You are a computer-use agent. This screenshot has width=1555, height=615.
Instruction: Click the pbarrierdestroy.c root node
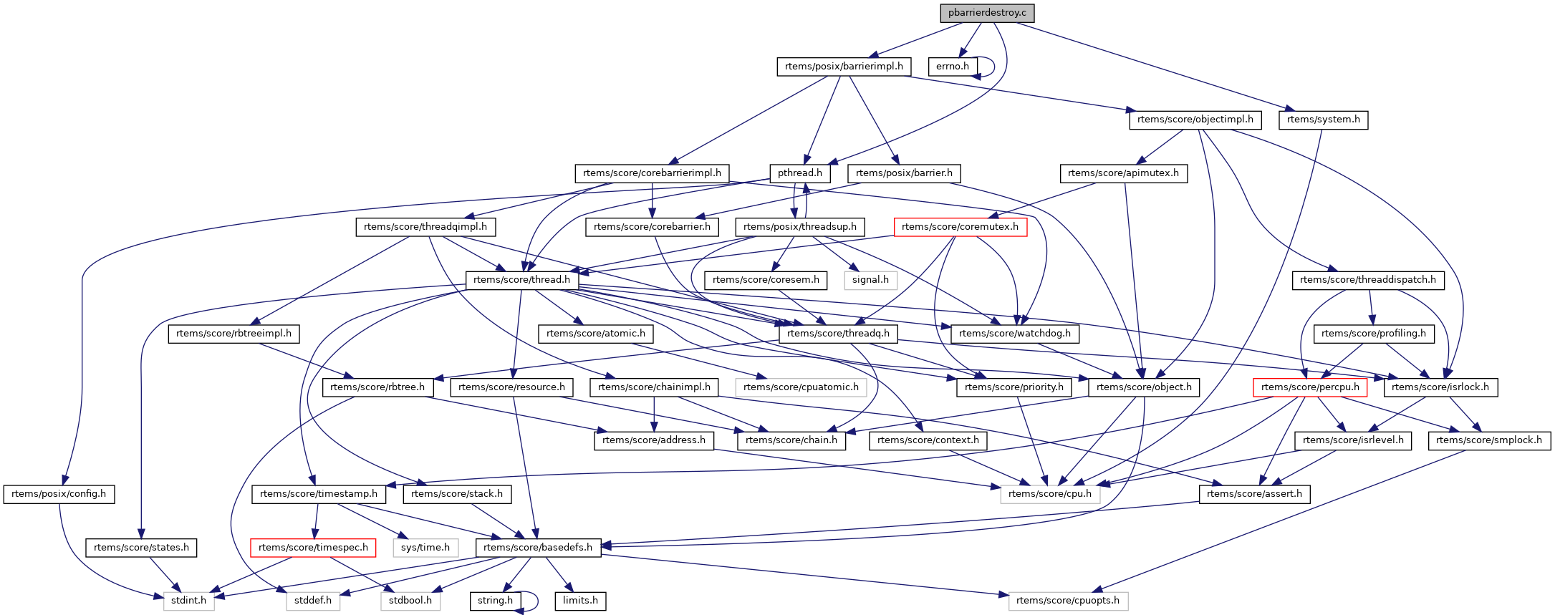(x=987, y=13)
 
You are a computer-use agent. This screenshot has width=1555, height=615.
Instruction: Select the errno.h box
(x=952, y=67)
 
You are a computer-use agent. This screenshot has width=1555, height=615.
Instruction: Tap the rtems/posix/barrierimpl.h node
(x=844, y=67)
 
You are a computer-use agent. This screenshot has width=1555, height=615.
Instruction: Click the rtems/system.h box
(x=1323, y=120)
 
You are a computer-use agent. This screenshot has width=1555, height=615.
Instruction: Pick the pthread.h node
(x=799, y=173)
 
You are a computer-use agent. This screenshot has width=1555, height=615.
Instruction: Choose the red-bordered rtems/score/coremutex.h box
(x=960, y=227)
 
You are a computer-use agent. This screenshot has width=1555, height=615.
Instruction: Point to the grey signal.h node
(x=870, y=280)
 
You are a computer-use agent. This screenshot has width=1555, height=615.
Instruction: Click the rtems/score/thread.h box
(x=521, y=280)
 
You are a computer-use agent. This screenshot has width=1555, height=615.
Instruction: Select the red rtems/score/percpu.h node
(x=1310, y=387)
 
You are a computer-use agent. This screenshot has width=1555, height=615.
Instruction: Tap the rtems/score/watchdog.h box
(x=1014, y=334)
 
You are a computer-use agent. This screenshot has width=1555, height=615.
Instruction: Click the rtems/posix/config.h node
(x=59, y=494)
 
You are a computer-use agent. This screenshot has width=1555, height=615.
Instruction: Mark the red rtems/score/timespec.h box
(x=313, y=548)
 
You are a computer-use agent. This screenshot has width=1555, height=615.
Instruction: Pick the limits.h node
(x=580, y=601)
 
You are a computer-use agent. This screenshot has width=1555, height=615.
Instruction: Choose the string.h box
(x=495, y=601)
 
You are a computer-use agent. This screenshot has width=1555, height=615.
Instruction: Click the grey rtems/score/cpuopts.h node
(x=1067, y=601)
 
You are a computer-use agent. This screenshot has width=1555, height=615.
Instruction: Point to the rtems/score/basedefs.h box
(x=538, y=548)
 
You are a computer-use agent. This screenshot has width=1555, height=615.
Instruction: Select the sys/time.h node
(x=425, y=548)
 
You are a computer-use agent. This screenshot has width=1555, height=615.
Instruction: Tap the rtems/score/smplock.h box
(x=1488, y=440)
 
